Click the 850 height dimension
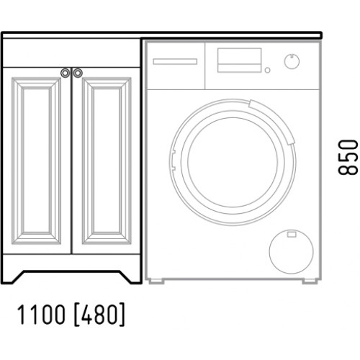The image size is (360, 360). pyautogui.click(x=348, y=157)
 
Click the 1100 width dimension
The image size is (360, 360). pyautogui.click(x=41, y=314)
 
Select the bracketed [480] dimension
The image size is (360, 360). pyautogui.click(x=99, y=314)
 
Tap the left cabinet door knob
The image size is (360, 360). pyautogui.click(x=65, y=73)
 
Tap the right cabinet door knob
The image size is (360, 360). pyautogui.click(x=78, y=73)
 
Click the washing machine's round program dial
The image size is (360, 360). pyautogui.click(x=292, y=61)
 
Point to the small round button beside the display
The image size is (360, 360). pyautogui.click(x=267, y=70)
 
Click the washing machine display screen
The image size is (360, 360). pyautogui.click(x=239, y=60)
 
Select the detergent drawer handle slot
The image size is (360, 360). pyautogui.click(x=175, y=61)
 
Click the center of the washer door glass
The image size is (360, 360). pyautogui.click(x=233, y=162)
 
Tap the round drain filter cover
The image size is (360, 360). pyautogui.click(x=291, y=251)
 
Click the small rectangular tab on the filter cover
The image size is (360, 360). pyautogui.click(x=292, y=234)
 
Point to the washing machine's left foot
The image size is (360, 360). pyautogui.click(x=156, y=281)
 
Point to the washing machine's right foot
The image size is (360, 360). pyautogui.click(x=310, y=281)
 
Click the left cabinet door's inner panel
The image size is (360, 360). pyautogui.click(x=37, y=161)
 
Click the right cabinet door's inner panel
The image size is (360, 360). pyautogui.click(x=107, y=161)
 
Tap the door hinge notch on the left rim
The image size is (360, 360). pyautogui.click(x=173, y=161)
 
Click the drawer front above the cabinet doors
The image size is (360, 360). pyautogui.click(x=71, y=53)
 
